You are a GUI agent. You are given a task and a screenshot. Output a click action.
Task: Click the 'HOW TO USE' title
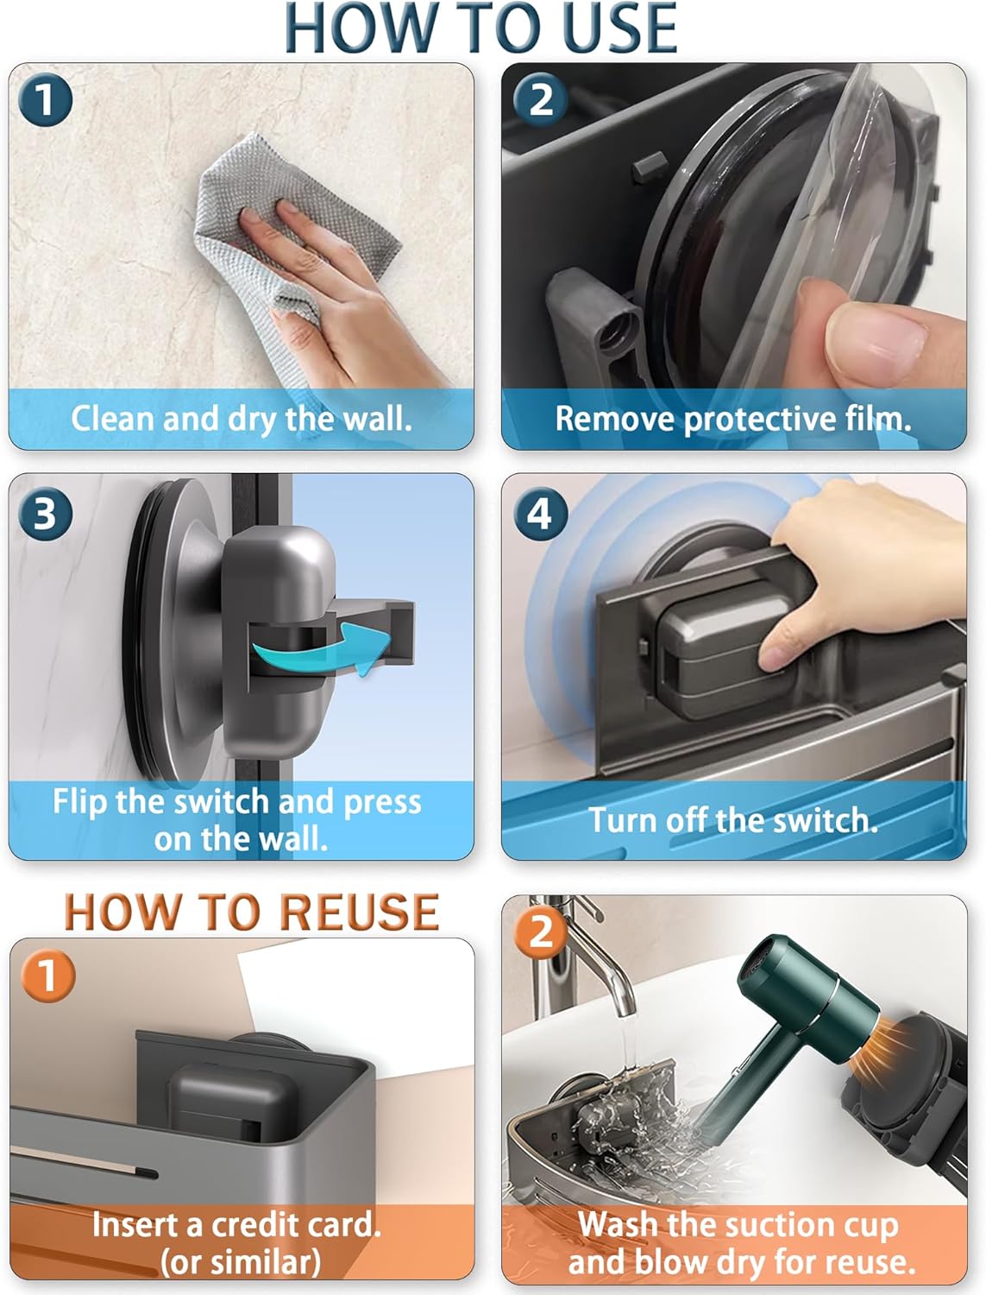coord(480,29)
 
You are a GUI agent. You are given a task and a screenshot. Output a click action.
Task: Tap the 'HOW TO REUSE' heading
coord(252,912)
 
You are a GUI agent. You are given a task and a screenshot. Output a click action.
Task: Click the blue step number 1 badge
coord(45,100)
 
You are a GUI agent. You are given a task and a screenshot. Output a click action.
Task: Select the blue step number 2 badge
coord(540,100)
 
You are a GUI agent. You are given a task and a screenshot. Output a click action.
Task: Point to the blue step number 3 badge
coord(45,514)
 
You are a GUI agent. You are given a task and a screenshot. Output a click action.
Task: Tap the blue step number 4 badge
coord(540,514)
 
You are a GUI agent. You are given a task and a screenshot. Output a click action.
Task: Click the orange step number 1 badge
coord(47,976)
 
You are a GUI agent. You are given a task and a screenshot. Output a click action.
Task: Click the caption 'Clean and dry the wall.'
coord(242,419)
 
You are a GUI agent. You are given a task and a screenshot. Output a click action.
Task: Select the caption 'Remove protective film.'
coord(733,419)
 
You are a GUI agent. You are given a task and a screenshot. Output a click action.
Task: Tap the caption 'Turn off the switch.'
coord(733,819)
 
